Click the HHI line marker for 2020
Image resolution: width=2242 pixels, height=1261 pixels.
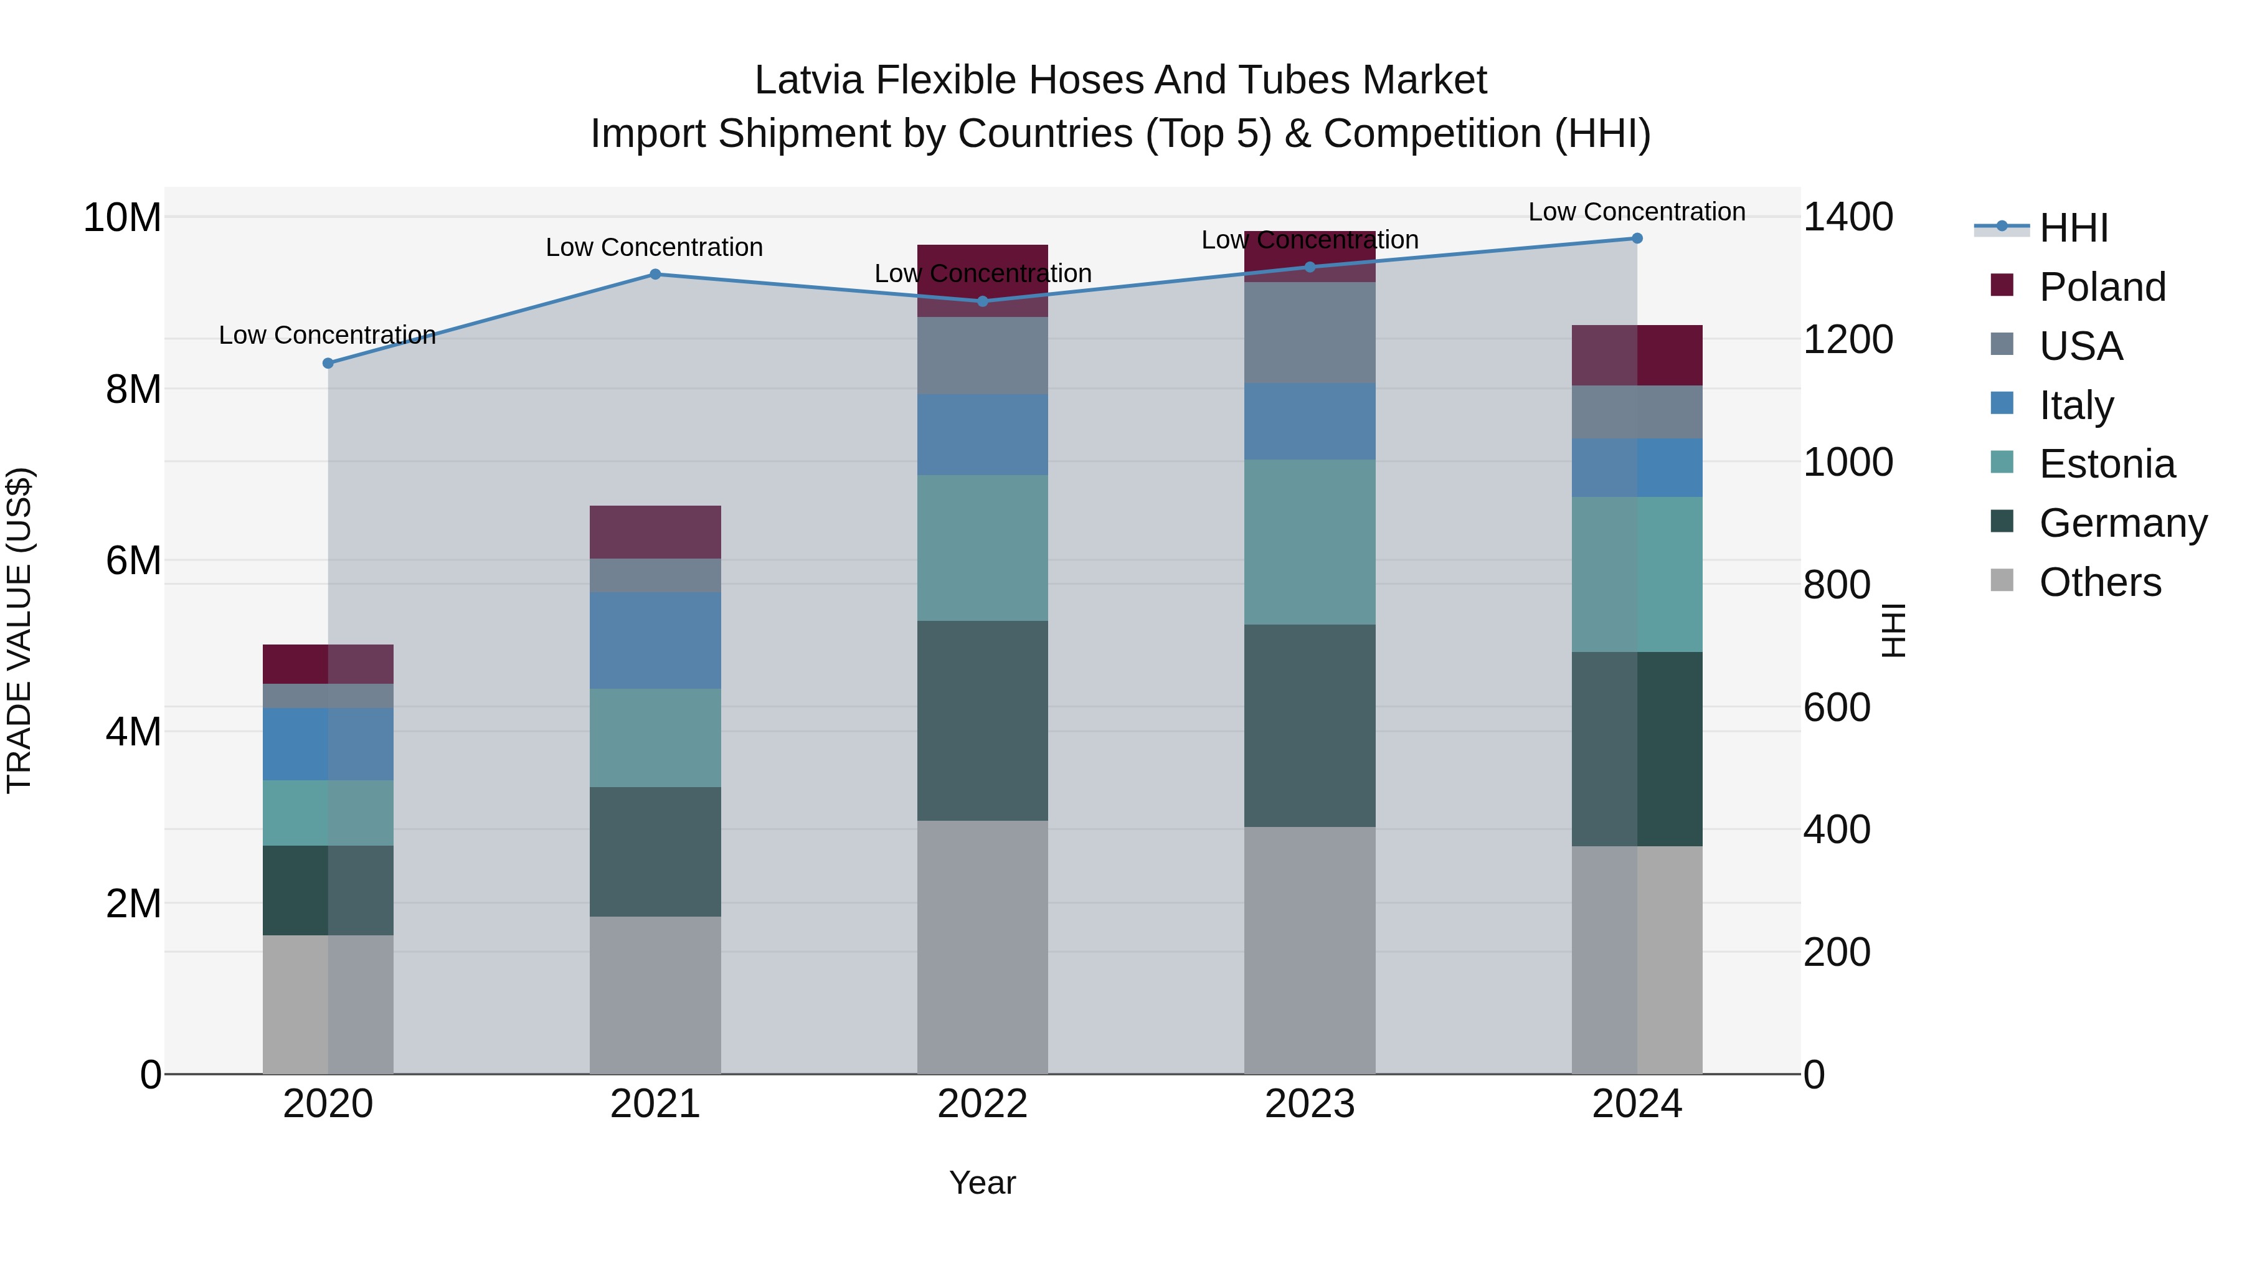click(x=328, y=363)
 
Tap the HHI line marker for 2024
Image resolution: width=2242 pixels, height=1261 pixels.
click(x=1636, y=239)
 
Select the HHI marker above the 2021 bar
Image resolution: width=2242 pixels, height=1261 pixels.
click(x=655, y=274)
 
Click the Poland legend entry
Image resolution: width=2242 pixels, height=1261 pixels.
click(x=2101, y=287)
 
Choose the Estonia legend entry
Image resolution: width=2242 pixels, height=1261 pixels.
click(x=2106, y=464)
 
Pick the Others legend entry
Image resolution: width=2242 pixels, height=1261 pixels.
click(x=2099, y=582)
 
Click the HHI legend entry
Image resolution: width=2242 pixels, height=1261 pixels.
click(x=2073, y=228)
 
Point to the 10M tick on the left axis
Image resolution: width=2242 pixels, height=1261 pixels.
click(x=122, y=217)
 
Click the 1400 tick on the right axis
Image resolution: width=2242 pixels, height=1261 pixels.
click(x=1848, y=217)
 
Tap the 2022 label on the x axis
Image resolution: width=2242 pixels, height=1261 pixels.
click(x=981, y=1104)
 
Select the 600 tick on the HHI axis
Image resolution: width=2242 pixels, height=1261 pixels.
click(x=1837, y=707)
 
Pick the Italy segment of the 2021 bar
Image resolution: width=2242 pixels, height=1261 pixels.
click(x=655, y=641)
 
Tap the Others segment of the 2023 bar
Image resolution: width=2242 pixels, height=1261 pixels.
click(x=1309, y=950)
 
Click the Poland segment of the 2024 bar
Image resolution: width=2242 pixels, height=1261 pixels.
click(x=1636, y=355)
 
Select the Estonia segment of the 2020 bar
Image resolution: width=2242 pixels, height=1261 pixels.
click(x=328, y=813)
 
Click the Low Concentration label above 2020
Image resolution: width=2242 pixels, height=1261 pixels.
click(x=327, y=335)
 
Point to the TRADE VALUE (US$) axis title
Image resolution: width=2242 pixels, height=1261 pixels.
click(x=19, y=630)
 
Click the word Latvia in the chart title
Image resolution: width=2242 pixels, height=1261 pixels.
click(x=810, y=80)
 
